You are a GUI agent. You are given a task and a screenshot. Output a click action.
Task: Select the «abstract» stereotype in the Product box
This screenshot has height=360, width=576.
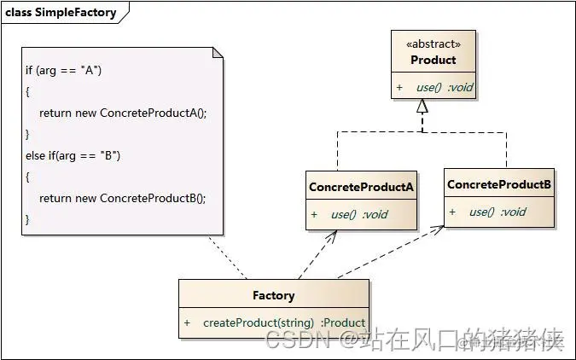coord(433,44)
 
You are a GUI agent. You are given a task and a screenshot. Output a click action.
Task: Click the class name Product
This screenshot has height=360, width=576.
coord(433,61)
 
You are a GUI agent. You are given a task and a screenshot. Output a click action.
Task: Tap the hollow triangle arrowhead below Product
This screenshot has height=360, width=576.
coord(422,107)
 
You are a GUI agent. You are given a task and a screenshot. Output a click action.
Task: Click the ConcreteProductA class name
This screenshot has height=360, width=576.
coord(361,187)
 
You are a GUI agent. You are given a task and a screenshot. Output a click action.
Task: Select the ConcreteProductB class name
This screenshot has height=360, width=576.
coord(499,184)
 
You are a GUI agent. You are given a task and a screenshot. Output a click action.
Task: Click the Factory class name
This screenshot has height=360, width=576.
coord(273,295)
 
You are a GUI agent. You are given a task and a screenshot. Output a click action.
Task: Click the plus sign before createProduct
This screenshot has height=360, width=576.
coord(187,322)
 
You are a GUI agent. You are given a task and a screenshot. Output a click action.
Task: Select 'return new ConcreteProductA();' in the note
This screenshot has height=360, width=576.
coord(123,113)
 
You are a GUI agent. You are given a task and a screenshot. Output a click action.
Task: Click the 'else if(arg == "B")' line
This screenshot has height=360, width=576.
coord(73,154)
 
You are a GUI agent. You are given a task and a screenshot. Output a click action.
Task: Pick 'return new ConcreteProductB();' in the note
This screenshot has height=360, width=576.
coord(123,197)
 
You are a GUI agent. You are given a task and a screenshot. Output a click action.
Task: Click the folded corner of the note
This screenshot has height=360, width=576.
coord(218,53)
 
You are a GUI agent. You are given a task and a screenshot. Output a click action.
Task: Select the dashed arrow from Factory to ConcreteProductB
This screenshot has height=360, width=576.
coord(388,253)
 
